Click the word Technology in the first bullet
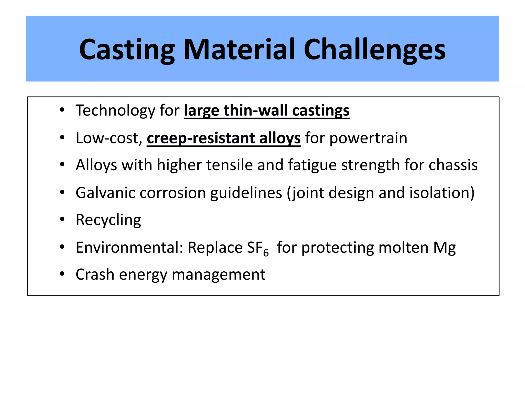(x=115, y=111)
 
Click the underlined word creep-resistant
(x=200, y=138)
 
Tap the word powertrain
(x=368, y=138)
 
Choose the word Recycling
(x=108, y=220)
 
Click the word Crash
(x=95, y=275)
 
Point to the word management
(x=218, y=275)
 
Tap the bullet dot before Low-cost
(x=62, y=138)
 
